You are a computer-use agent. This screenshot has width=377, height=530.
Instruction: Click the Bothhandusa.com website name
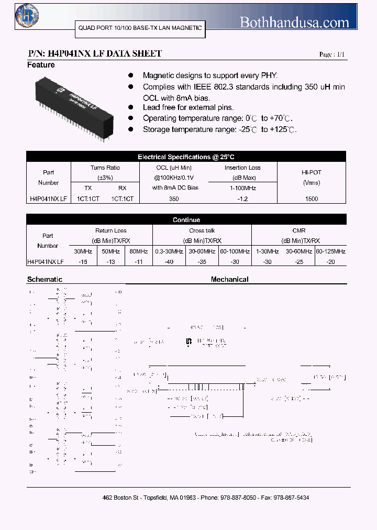[x=294, y=22]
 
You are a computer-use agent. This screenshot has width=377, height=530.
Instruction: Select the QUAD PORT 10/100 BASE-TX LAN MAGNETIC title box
[x=140, y=28]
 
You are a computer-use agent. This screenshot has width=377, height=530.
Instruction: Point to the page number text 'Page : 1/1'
[x=332, y=54]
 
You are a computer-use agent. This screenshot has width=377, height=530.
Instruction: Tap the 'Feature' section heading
[x=41, y=65]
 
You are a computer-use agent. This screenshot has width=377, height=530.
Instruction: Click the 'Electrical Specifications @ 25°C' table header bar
[x=186, y=157]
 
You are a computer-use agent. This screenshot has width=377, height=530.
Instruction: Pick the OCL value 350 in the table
[x=174, y=199]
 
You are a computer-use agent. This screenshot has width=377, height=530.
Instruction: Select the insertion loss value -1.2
[x=242, y=199]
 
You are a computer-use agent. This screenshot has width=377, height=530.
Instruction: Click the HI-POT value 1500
[x=311, y=199]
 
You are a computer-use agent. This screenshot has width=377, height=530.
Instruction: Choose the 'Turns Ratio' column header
[x=105, y=168]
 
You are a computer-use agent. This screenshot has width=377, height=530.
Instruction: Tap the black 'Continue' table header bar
[x=186, y=220]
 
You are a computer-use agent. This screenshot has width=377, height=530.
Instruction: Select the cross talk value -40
[x=169, y=262]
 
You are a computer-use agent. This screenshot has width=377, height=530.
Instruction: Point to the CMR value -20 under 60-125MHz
[x=330, y=262]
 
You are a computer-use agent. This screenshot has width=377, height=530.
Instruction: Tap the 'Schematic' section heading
[x=45, y=280]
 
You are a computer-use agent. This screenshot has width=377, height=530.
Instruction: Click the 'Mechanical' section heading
[x=229, y=280]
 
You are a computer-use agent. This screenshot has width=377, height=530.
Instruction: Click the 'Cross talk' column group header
[x=202, y=230]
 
